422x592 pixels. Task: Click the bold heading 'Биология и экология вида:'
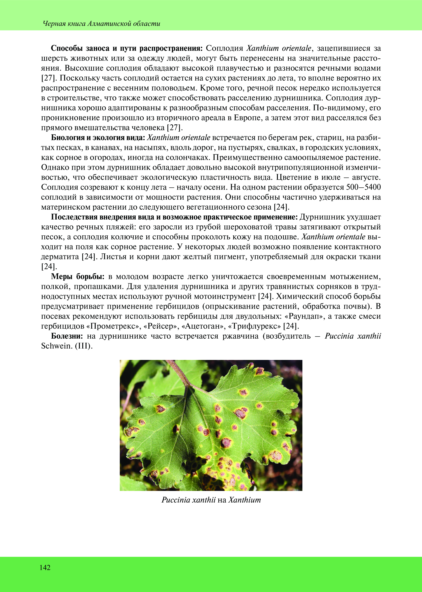pos(99,137)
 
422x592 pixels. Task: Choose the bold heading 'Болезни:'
pos(67,336)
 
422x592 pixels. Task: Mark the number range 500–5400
pos(363,187)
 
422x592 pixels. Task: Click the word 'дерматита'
pos(60,257)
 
